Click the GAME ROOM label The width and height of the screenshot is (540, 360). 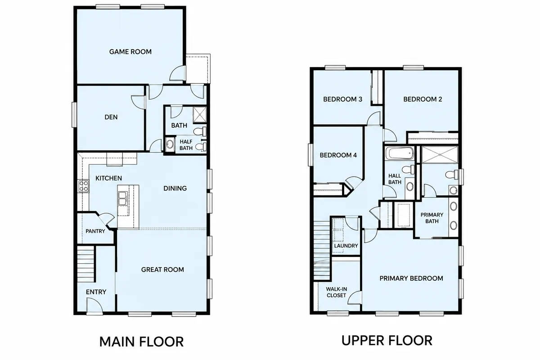coord(130,52)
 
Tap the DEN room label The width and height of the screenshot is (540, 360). coord(111,117)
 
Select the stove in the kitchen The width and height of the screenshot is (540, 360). coord(83,186)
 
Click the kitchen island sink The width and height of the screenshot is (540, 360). coord(123,198)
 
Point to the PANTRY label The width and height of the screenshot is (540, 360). coord(95,231)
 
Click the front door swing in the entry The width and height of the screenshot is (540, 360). coord(94,305)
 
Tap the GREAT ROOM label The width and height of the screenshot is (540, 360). coord(162,270)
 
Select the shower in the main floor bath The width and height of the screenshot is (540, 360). coord(200,115)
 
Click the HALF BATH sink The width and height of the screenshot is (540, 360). coord(170,144)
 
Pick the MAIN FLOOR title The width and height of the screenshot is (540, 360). coord(141,342)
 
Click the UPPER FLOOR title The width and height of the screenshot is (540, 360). coord(387,340)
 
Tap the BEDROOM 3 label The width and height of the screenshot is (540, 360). coord(342,99)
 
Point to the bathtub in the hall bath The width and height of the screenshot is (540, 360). coord(400,153)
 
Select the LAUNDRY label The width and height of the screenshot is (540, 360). coord(346,246)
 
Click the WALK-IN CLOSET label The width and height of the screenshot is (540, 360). coord(336,292)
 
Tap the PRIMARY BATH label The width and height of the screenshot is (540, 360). coord(432,218)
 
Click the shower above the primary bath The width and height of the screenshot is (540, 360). coord(440,154)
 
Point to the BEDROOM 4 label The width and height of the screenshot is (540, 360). coord(338,155)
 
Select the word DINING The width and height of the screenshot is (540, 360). coord(175,188)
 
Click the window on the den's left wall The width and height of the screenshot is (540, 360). coord(74,115)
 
